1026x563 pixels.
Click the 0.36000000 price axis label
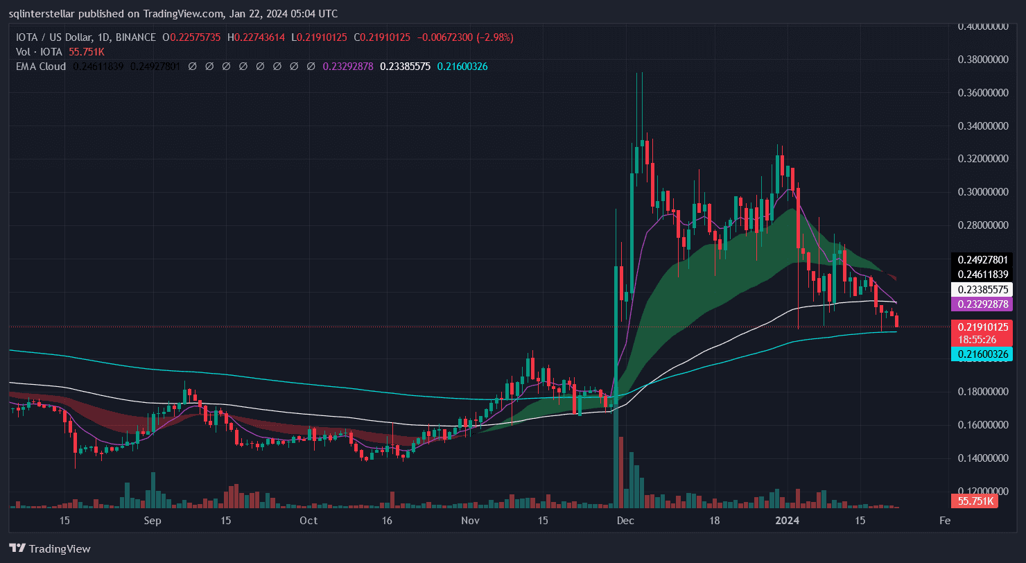point(982,92)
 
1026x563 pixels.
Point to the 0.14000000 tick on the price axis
point(982,458)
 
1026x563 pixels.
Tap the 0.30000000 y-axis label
point(982,192)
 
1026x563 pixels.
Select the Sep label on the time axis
point(153,520)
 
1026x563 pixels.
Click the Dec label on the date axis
point(625,520)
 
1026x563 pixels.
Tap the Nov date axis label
point(470,520)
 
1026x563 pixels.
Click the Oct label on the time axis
point(308,520)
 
